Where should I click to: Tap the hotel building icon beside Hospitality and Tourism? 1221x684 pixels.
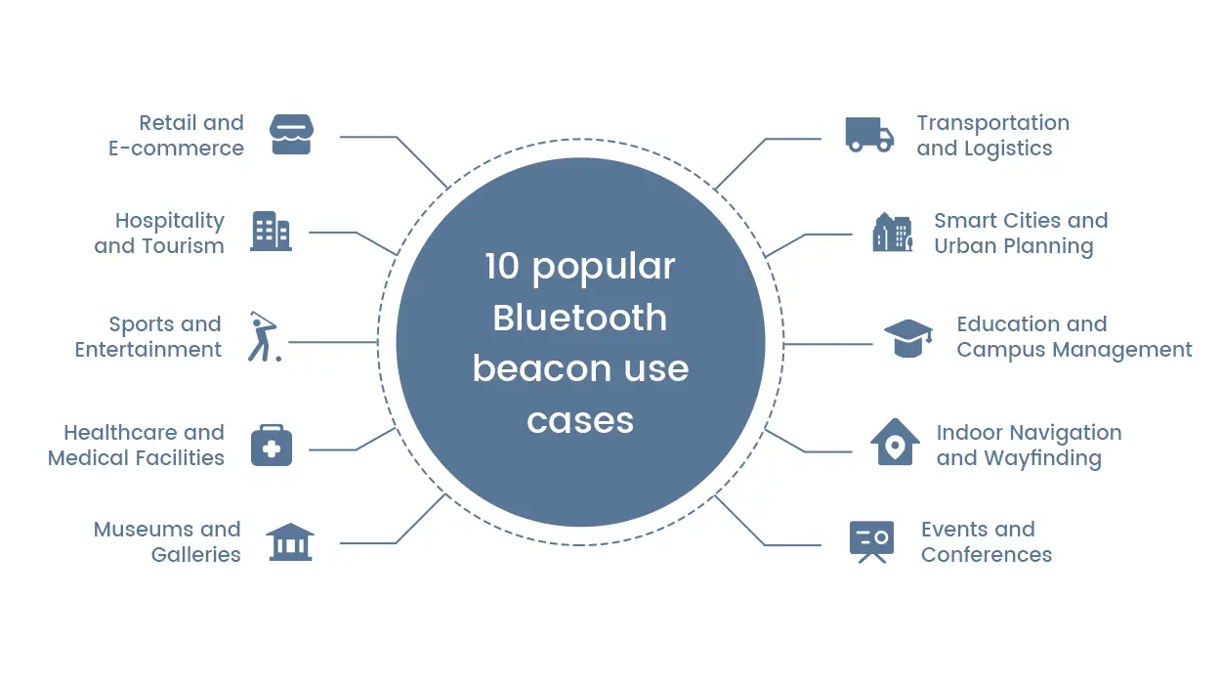(x=271, y=232)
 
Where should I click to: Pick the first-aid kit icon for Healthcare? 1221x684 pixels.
(x=271, y=446)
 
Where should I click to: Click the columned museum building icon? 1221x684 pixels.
(x=289, y=541)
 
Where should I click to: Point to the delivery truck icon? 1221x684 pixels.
(x=868, y=135)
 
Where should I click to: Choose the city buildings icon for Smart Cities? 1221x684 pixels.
(x=892, y=233)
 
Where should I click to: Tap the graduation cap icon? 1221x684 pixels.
(x=907, y=338)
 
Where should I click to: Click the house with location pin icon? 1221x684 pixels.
(x=895, y=443)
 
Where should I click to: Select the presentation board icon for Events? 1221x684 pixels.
(x=870, y=541)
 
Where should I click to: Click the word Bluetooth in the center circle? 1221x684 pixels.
(x=579, y=318)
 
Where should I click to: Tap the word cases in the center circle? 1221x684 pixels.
(x=579, y=420)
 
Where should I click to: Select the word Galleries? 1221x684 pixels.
(x=195, y=555)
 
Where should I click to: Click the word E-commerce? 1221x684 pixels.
(x=176, y=149)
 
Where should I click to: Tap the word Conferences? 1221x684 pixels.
(x=986, y=555)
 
